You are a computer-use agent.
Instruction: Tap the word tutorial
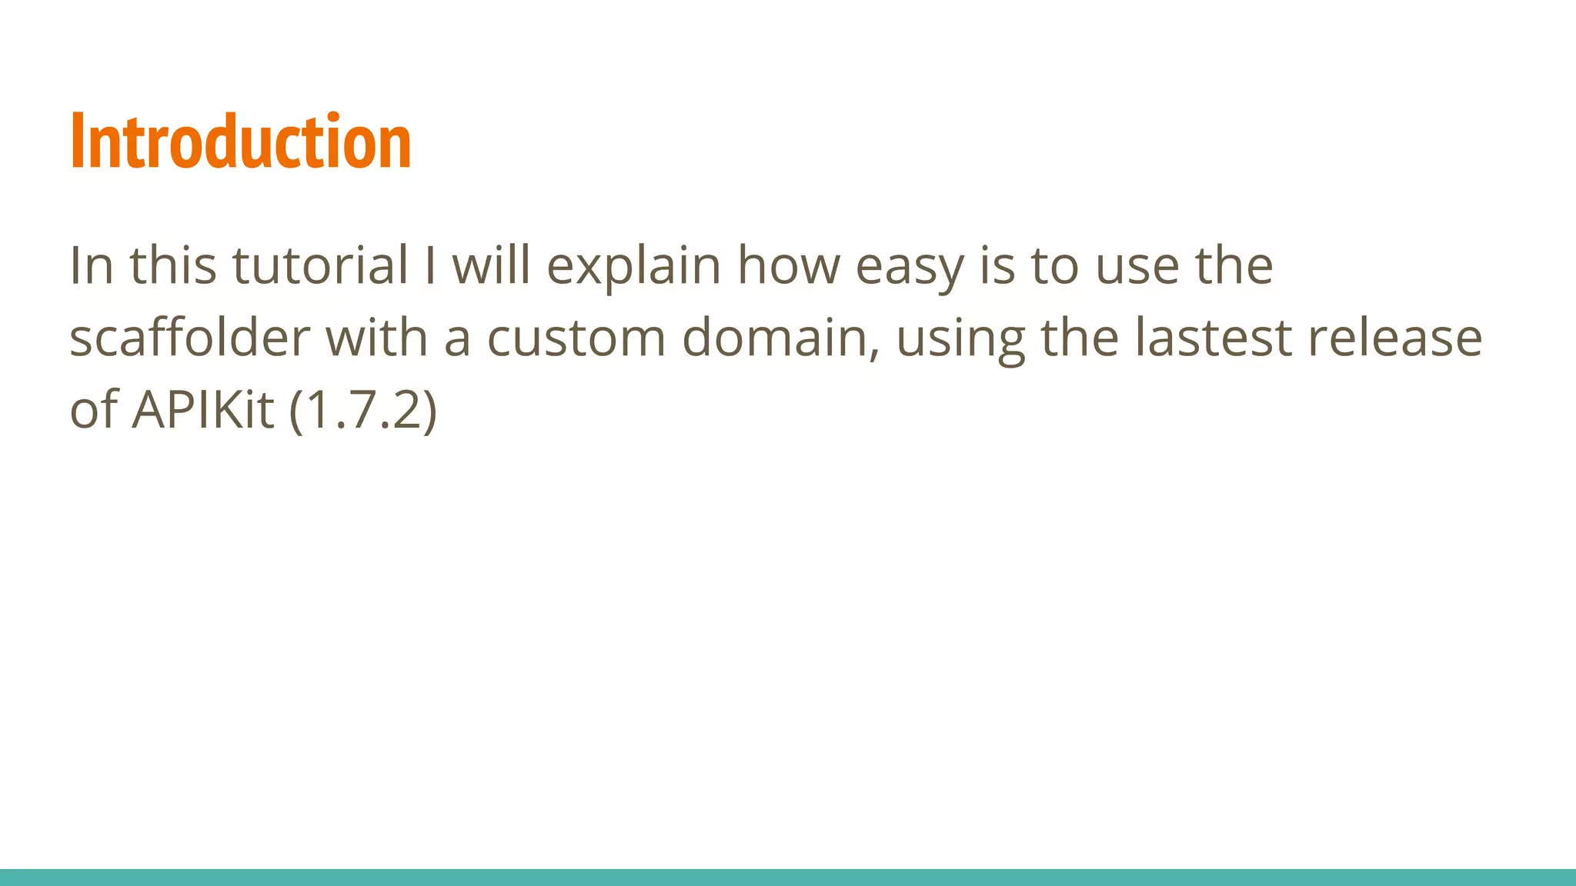pyautogui.click(x=320, y=265)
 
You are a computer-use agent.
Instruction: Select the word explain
pyautogui.click(x=633, y=265)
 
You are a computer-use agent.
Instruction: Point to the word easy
pyautogui.click(x=909, y=265)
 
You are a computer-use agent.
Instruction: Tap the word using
pyautogui.click(x=960, y=338)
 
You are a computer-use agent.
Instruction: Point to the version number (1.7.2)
pyautogui.click(x=363, y=410)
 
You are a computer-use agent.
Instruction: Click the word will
pyautogui.click(x=491, y=265)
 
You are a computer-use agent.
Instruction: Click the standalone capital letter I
pyautogui.click(x=430, y=265)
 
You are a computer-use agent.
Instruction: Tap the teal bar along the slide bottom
pyautogui.click(x=788, y=878)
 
